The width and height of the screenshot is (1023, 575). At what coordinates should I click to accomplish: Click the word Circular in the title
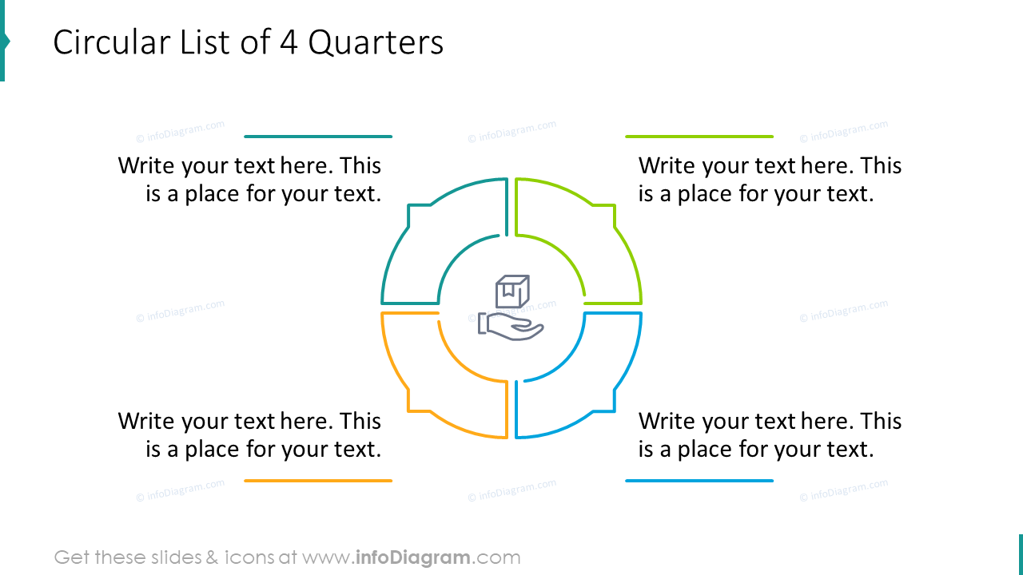point(103,42)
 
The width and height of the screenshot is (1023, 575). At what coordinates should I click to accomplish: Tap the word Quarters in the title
point(376,42)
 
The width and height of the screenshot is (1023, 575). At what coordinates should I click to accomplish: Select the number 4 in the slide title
point(289,42)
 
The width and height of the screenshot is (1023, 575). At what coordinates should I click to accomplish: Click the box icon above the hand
point(512,291)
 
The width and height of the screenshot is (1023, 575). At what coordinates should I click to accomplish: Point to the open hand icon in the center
point(511,326)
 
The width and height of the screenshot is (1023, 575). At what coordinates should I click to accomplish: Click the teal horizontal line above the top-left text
point(318,137)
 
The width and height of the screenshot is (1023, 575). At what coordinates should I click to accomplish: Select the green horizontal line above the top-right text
point(699,137)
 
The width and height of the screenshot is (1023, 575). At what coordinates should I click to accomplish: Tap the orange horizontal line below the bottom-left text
point(318,481)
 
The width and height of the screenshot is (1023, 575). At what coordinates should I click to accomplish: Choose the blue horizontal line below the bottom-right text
point(699,481)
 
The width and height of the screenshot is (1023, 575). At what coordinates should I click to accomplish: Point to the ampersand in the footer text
point(211,557)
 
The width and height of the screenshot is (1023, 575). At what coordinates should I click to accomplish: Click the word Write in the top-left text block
point(147,166)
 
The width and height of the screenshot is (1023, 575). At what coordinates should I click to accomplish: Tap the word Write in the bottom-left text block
point(147,422)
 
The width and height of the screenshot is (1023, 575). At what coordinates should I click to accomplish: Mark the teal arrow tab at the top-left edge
point(4,41)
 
